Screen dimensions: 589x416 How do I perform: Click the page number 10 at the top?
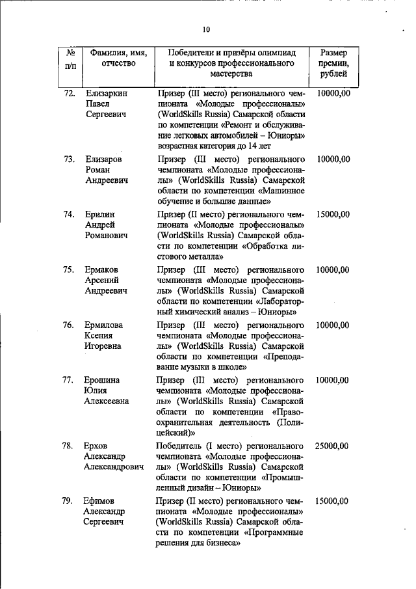[206, 29]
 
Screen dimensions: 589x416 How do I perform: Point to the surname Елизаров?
[104, 159]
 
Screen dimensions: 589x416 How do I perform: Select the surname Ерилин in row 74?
[101, 214]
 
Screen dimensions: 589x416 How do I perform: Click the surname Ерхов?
[97, 446]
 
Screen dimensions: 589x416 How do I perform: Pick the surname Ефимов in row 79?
[101, 501]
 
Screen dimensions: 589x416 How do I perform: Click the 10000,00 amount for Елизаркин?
[332, 93]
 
